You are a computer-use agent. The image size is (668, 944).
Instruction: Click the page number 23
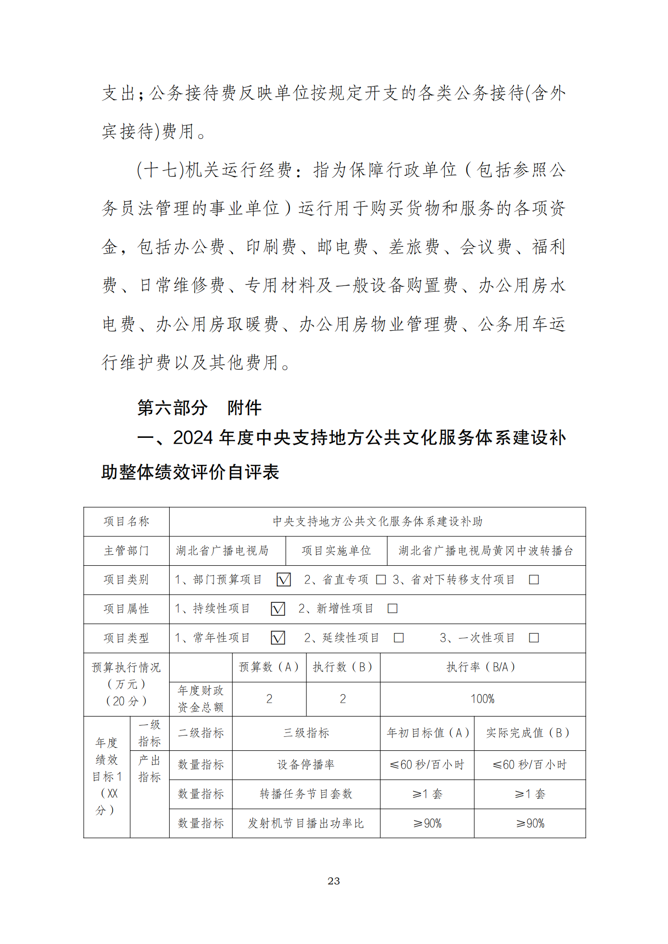pyautogui.click(x=333, y=881)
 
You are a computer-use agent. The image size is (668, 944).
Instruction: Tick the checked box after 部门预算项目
pyautogui.click(x=284, y=580)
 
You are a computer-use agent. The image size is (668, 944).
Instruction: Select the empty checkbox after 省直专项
pyautogui.click(x=381, y=580)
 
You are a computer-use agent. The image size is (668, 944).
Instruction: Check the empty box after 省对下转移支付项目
pyautogui.click(x=533, y=580)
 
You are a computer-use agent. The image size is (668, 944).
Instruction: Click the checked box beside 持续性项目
pyautogui.click(x=278, y=609)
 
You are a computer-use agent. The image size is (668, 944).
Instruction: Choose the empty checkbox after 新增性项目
pyautogui.click(x=392, y=609)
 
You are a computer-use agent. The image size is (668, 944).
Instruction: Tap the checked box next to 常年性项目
pyautogui.click(x=278, y=638)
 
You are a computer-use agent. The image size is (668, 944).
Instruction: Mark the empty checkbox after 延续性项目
pyautogui.click(x=399, y=638)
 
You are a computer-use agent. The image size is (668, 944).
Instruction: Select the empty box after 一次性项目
pyautogui.click(x=533, y=638)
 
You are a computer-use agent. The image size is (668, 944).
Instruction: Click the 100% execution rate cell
pyautogui.click(x=482, y=699)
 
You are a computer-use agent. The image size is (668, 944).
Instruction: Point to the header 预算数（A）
pyautogui.click(x=269, y=667)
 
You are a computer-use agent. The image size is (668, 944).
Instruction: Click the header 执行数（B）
pyautogui.click(x=342, y=667)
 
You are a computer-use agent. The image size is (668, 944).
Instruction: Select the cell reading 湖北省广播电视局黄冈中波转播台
pyautogui.click(x=486, y=551)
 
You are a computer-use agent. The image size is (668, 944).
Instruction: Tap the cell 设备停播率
pyautogui.click(x=306, y=765)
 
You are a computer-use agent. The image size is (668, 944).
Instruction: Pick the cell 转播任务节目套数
pyautogui.click(x=306, y=794)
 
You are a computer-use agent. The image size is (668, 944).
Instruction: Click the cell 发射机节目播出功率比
pyautogui.click(x=306, y=823)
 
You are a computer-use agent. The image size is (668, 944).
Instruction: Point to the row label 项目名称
pyautogui.click(x=126, y=522)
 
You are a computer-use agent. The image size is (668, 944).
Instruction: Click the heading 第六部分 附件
pyautogui.click(x=199, y=408)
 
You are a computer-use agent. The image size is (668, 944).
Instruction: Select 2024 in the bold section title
pyautogui.click(x=193, y=438)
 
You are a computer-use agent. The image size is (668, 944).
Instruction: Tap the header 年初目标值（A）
pyautogui.click(x=427, y=733)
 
